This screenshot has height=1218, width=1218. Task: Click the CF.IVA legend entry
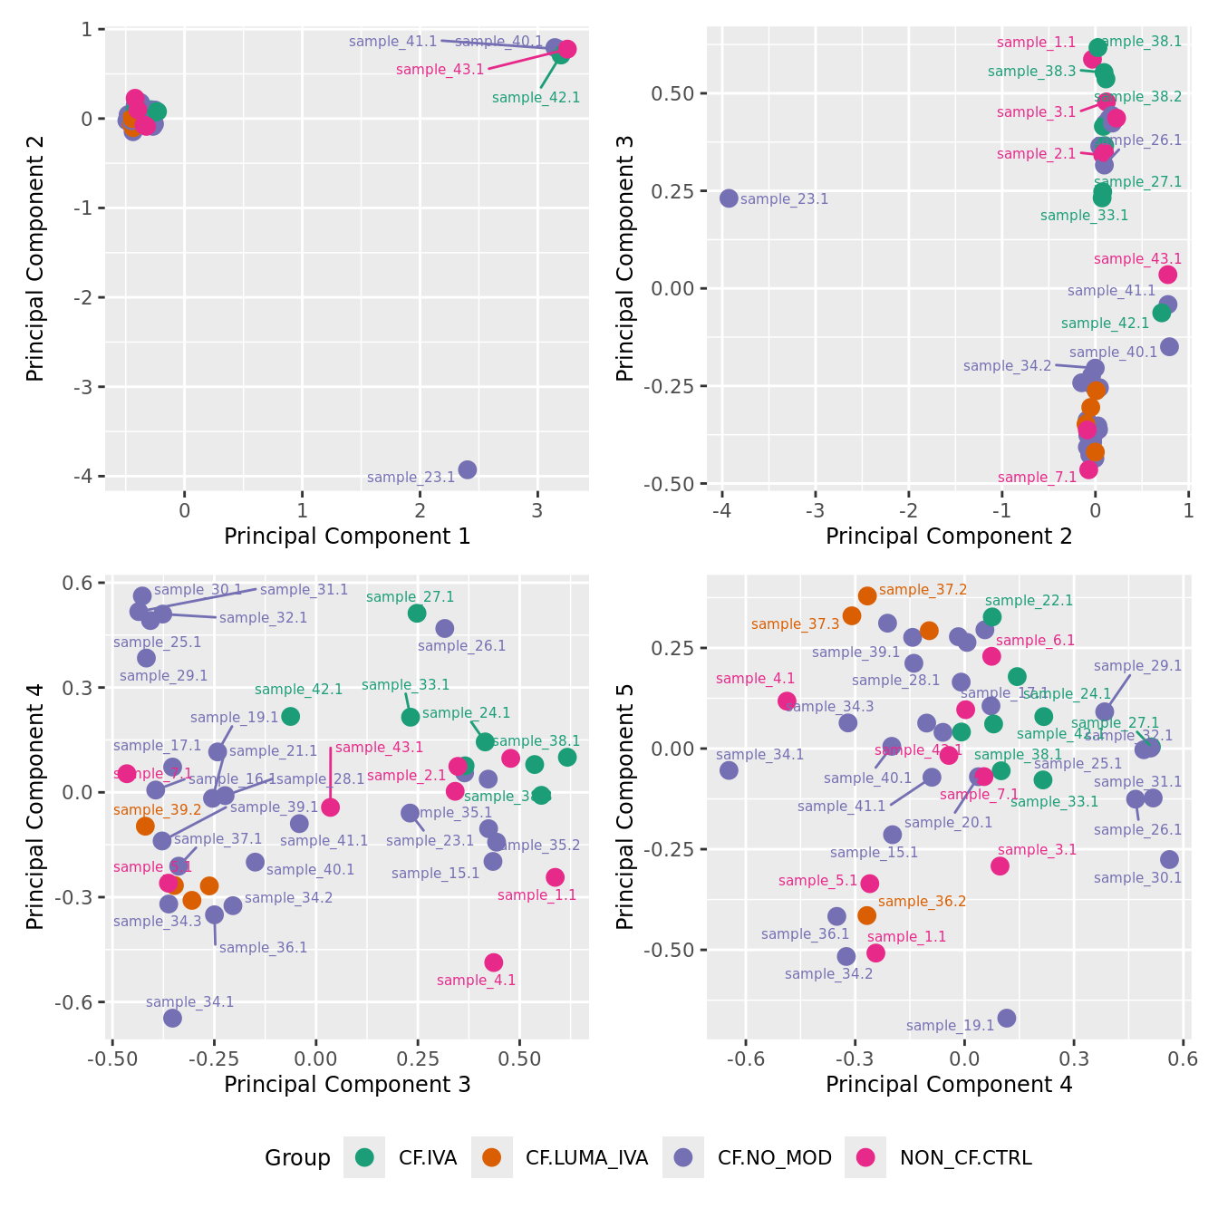pyautogui.click(x=427, y=1157)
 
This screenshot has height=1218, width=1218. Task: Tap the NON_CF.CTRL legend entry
pyautogui.click(x=965, y=1157)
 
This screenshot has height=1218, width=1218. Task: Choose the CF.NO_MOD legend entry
pyautogui.click(x=774, y=1157)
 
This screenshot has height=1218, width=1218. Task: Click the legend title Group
pyautogui.click(x=297, y=1157)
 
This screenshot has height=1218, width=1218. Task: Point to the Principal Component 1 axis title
pyautogui.click(x=347, y=536)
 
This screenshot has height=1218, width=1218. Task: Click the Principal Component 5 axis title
pyautogui.click(x=624, y=807)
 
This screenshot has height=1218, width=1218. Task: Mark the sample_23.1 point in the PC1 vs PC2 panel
pyautogui.click(x=467, y=469)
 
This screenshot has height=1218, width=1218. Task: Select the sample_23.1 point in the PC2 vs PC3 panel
pyautogui.click(x=729, y=198)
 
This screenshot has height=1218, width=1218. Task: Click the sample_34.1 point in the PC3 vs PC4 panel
pyautogui.click(x=172, y=1019)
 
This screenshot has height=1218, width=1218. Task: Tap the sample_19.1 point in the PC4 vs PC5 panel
pyautogui.click(x=1006, y=1019)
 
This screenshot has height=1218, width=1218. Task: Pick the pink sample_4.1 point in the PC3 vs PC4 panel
pyautogui.click(x=493, y=962)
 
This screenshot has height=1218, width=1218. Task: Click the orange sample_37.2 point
pyautogui.click(x=867, y=595)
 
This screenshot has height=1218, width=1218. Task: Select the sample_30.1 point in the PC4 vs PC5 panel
pyautogui.click(x=1169, y=859)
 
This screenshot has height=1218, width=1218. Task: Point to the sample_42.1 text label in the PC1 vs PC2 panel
pyautogui.click(x=536, y=98)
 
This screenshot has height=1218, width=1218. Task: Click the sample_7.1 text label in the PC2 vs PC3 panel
pyautogui.click(x=1037, y=478)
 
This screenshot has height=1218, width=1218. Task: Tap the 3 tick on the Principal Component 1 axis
pyautogui.click(x=537, y=510)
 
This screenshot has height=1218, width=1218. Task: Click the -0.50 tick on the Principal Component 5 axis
pyautogui.click(x=669, y=950)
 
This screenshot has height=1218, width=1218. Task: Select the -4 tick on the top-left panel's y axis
pyautogui.click(x=87, y=477)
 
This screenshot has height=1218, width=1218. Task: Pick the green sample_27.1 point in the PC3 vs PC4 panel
pyautogui.click(x=417, y=614)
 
